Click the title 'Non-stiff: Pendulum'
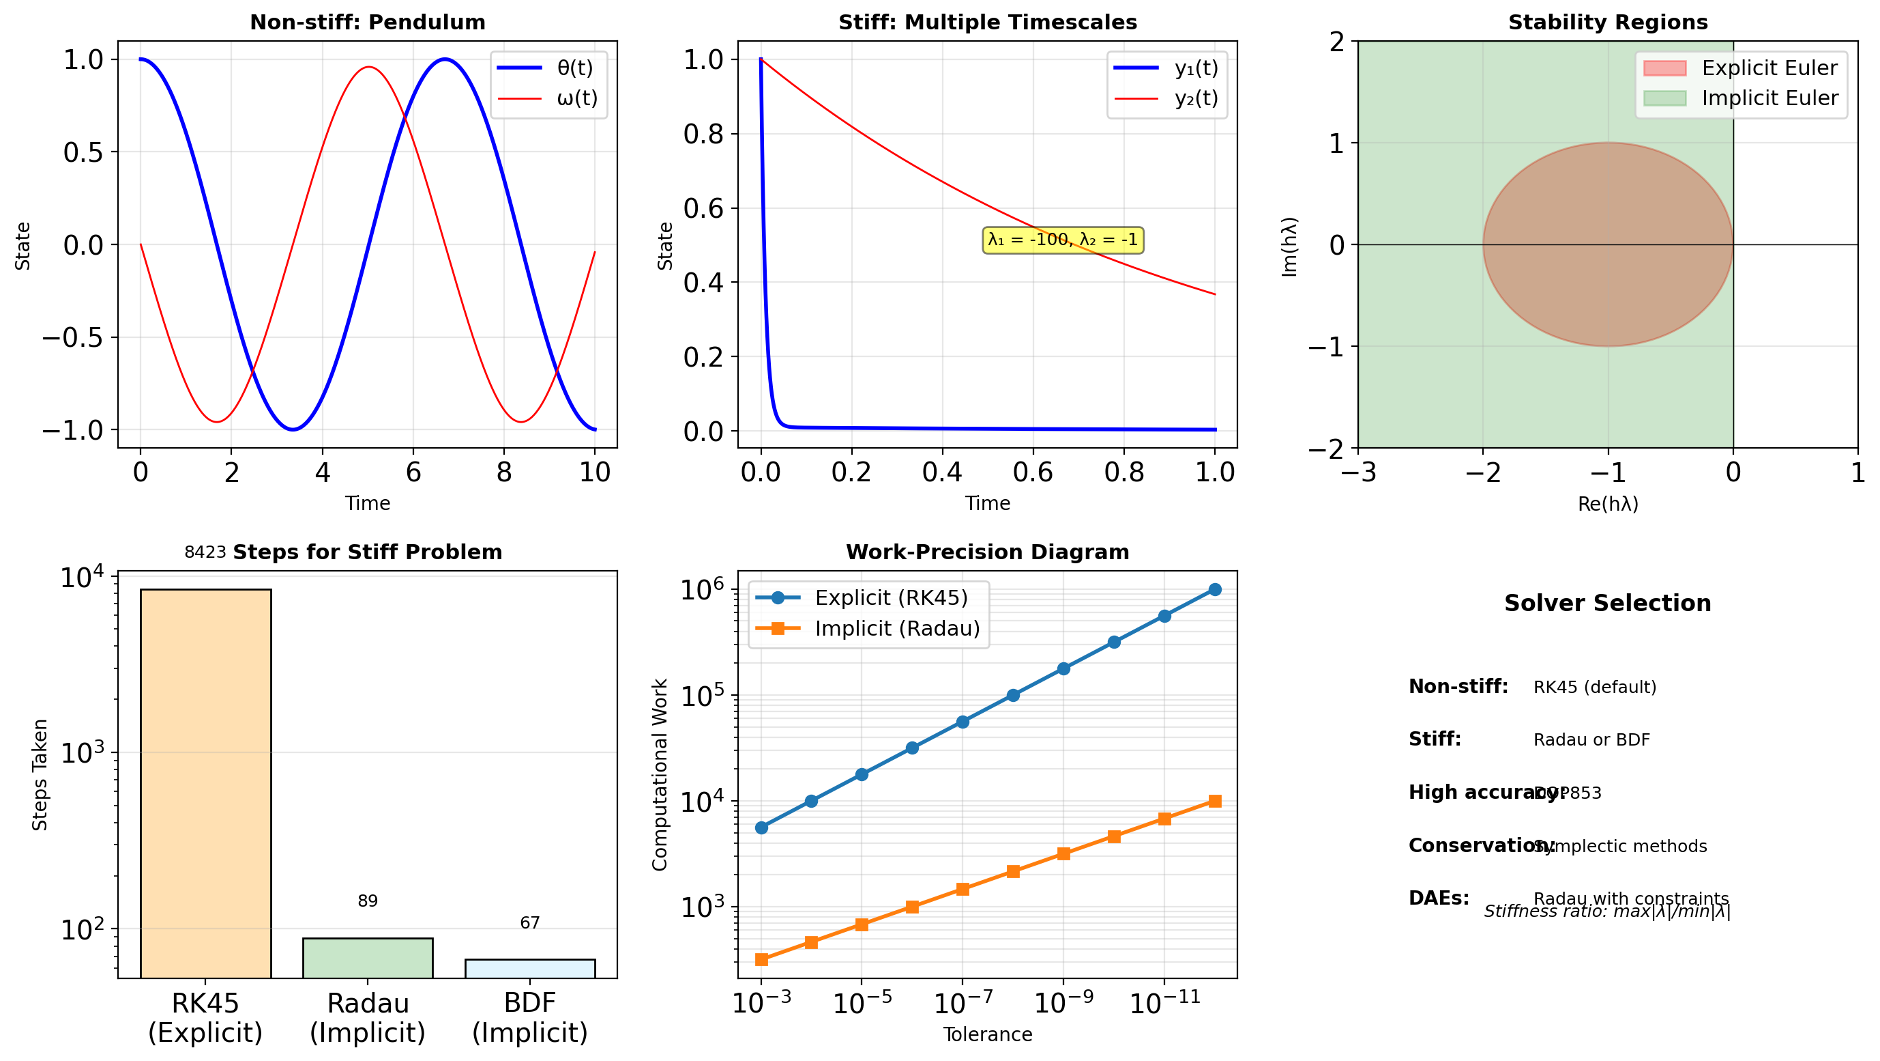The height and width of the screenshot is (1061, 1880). [x=367, y=22]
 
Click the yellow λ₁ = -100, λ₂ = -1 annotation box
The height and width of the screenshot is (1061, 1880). [x=1062, y=240]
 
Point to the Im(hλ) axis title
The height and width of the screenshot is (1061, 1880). [x=1289, y=246]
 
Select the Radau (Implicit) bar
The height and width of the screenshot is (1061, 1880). [x=367, y=957]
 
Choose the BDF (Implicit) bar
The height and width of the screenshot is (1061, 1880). [x=530, y=968]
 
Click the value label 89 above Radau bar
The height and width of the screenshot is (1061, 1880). [x=367, y=901]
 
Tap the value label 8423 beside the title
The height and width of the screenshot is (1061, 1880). [x=205, y=552]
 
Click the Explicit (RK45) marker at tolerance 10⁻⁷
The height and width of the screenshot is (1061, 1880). [x=963, y=722]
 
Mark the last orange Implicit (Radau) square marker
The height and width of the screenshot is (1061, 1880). [x=1214, y=801]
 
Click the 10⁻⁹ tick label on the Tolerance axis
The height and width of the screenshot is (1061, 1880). [x=1063, y=1004]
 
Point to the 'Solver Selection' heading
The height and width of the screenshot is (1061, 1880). [x=1607, y=603]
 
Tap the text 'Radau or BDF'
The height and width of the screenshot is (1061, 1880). [x=1591, y=739]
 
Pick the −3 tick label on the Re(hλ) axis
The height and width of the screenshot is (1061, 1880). [x=1358, y=473]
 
